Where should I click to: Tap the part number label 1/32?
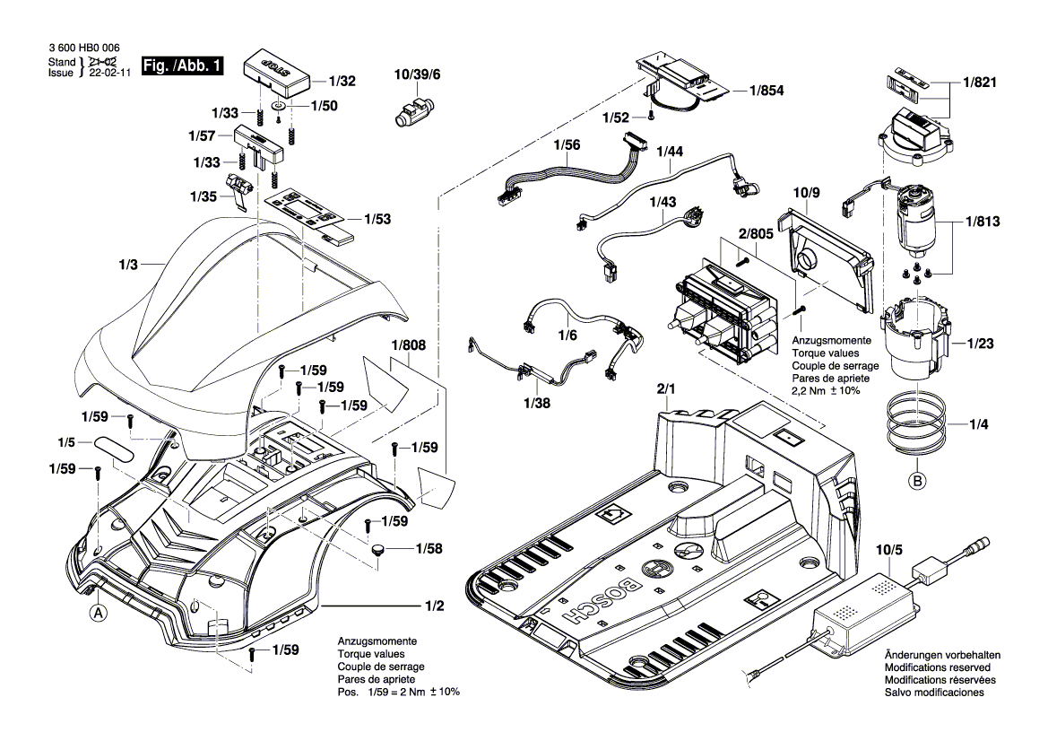click(x=341, y=81)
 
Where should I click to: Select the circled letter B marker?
click(x=917, y=480)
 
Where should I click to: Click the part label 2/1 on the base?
click(x=669, y=389)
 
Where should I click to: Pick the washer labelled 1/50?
click(x=281, y=107)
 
